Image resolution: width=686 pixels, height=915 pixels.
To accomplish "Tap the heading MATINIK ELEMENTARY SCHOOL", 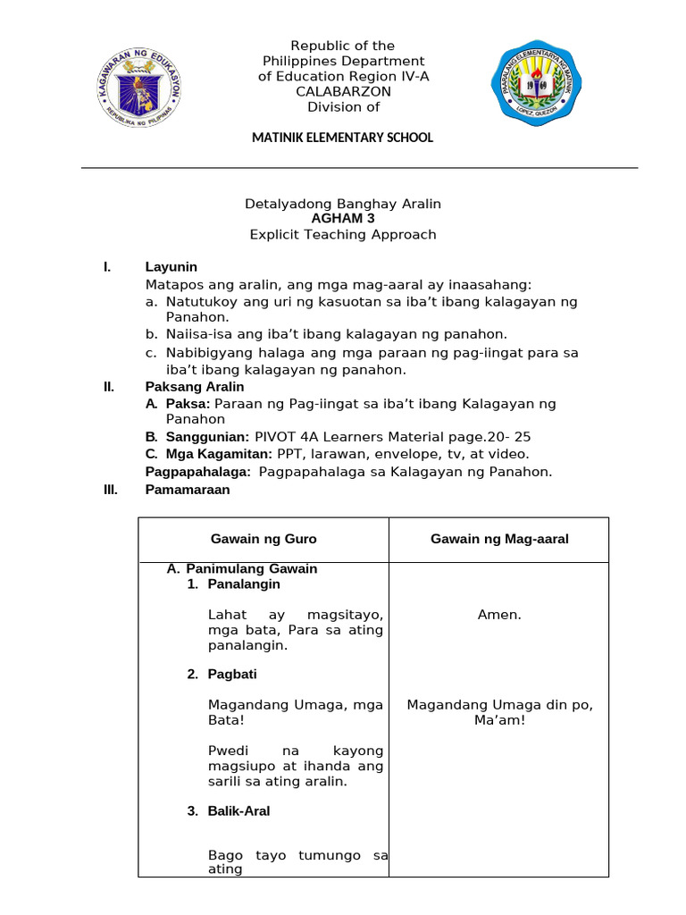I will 343,138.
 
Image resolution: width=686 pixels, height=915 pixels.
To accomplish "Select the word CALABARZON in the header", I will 343,92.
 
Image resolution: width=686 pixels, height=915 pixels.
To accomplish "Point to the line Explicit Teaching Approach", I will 343,235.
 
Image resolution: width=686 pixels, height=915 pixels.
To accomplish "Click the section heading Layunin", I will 171,267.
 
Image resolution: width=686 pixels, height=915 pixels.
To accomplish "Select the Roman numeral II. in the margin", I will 109,387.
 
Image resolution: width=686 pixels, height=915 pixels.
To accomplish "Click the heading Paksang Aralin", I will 194,387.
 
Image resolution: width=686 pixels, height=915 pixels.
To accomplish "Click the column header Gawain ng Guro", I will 264,539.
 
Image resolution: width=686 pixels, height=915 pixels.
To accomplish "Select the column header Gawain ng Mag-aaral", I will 499,539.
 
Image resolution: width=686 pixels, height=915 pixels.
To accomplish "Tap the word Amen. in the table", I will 499,615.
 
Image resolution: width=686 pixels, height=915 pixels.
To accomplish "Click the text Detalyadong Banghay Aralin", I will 343,205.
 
